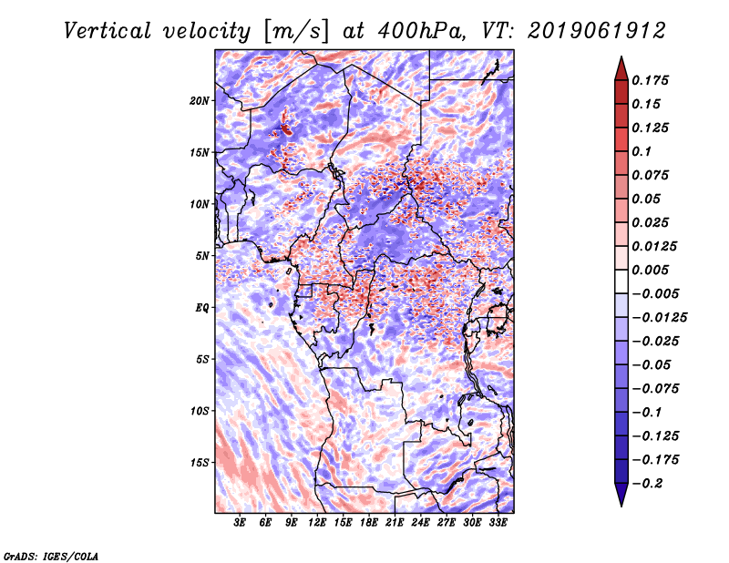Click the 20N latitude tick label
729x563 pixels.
click(x=200, y=100)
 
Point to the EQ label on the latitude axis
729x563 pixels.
click(x=202, y=307)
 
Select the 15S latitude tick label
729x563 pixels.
click(x=200, y=462)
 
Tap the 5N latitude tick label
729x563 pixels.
click(x=202, y=255)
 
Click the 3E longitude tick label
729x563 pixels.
click(x=241, y=523)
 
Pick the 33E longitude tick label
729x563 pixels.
click(x=498, y=523)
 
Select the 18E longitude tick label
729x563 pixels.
click(x=369, y=523)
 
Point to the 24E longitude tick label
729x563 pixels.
click(x=420, y=523)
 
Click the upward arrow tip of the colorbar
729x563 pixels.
click(x=621, y=58)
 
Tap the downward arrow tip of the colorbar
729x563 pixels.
click(x=621, y=504)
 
